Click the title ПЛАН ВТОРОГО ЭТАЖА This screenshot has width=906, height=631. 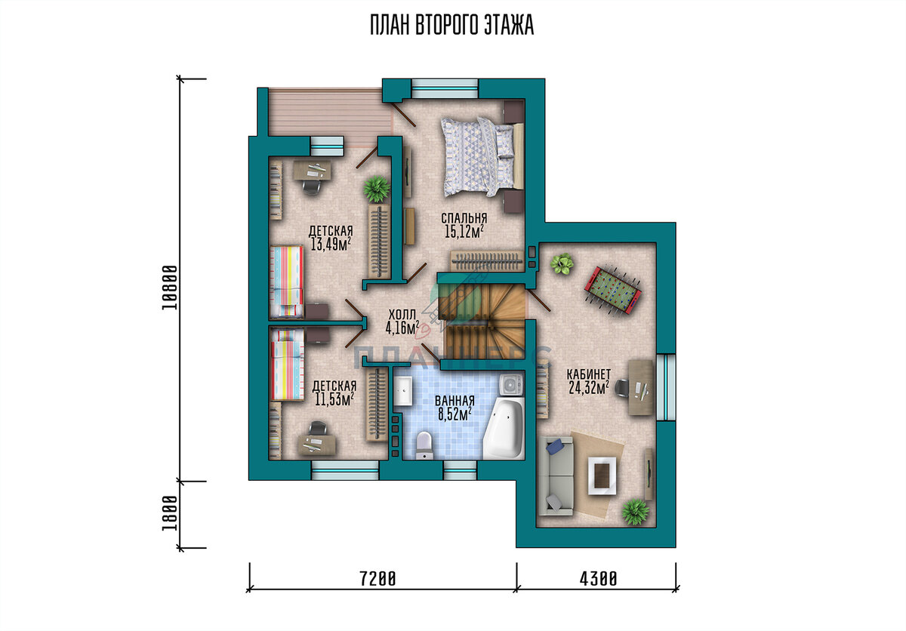coord(451,25)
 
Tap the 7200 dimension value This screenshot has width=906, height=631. coord(377,579)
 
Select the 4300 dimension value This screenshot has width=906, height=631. coord(599,579)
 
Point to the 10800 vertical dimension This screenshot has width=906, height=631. coord(170,288)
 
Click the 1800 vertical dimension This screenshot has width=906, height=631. coord(170,513)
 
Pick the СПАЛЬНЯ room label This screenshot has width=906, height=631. coord(464,218)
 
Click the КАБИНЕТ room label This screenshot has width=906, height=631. coord(588,374)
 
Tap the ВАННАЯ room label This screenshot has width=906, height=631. coord(455,401)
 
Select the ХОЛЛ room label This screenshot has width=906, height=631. coord(402,315)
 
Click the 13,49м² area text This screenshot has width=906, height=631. coord(331,244)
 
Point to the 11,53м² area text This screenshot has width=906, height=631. coord(334,399)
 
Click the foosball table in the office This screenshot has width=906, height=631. coord(613,289)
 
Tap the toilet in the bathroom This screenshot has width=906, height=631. coord(424,445)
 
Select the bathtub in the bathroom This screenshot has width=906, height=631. coord(504,429)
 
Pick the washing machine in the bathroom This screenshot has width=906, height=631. coord(511,384)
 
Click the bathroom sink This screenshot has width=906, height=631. coord(403,390)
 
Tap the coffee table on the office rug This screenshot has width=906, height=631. coord(602,476)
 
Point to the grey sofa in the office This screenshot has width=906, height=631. coord(556,476)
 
